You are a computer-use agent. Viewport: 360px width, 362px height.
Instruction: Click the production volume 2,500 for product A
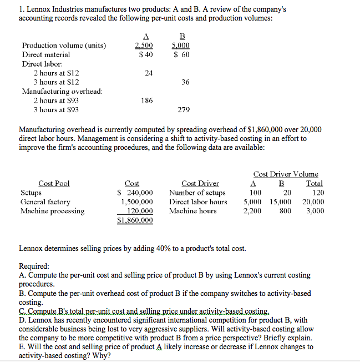pos(145,46)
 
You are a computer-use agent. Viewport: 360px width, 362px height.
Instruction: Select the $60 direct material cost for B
pos(182,54)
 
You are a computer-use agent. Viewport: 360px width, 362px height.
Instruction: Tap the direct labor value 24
pos(148,73)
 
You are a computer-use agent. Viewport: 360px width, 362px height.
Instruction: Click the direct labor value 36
pos(185,82)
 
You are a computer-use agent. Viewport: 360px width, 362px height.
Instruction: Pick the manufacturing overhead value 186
pos(147,100)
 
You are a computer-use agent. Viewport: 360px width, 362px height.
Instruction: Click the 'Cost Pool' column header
pos(54,184)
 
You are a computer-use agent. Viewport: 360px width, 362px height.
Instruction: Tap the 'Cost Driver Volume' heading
pos(286,174)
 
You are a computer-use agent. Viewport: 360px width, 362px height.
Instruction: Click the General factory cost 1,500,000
pos(137,202)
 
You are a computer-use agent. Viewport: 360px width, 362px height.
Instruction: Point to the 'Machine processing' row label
pos(53,211)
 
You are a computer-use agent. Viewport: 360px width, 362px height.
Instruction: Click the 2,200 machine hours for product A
pos(252,211)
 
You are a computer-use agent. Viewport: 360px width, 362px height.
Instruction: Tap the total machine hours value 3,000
pos(315,211)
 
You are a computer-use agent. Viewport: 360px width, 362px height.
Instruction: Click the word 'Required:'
pos(34,266)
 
